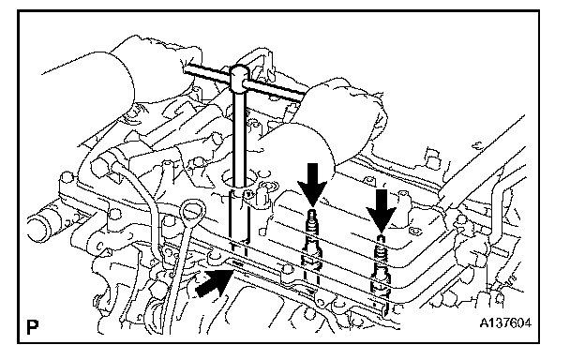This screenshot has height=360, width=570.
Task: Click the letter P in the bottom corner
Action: pyautogui.click(x=33, y=326)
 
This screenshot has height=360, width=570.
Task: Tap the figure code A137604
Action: pyautogui.click(x=505, y=322)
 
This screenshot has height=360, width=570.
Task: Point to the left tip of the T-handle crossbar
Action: pyautogui.click(x=185, y=67)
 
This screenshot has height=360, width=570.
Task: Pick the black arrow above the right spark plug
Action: pyautogui.click(x=381, y=211)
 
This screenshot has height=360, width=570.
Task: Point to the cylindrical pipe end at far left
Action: pyautogui.click(x=40, y=228)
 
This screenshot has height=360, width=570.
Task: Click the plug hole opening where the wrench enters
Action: pyautogui.click(x=237, y=179)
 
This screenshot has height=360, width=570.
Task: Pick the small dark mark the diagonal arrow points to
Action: pyautogui.click(x=238, y=262)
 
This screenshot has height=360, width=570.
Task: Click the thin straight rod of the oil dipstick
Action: pyautogui.click(x=180, y=269)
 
